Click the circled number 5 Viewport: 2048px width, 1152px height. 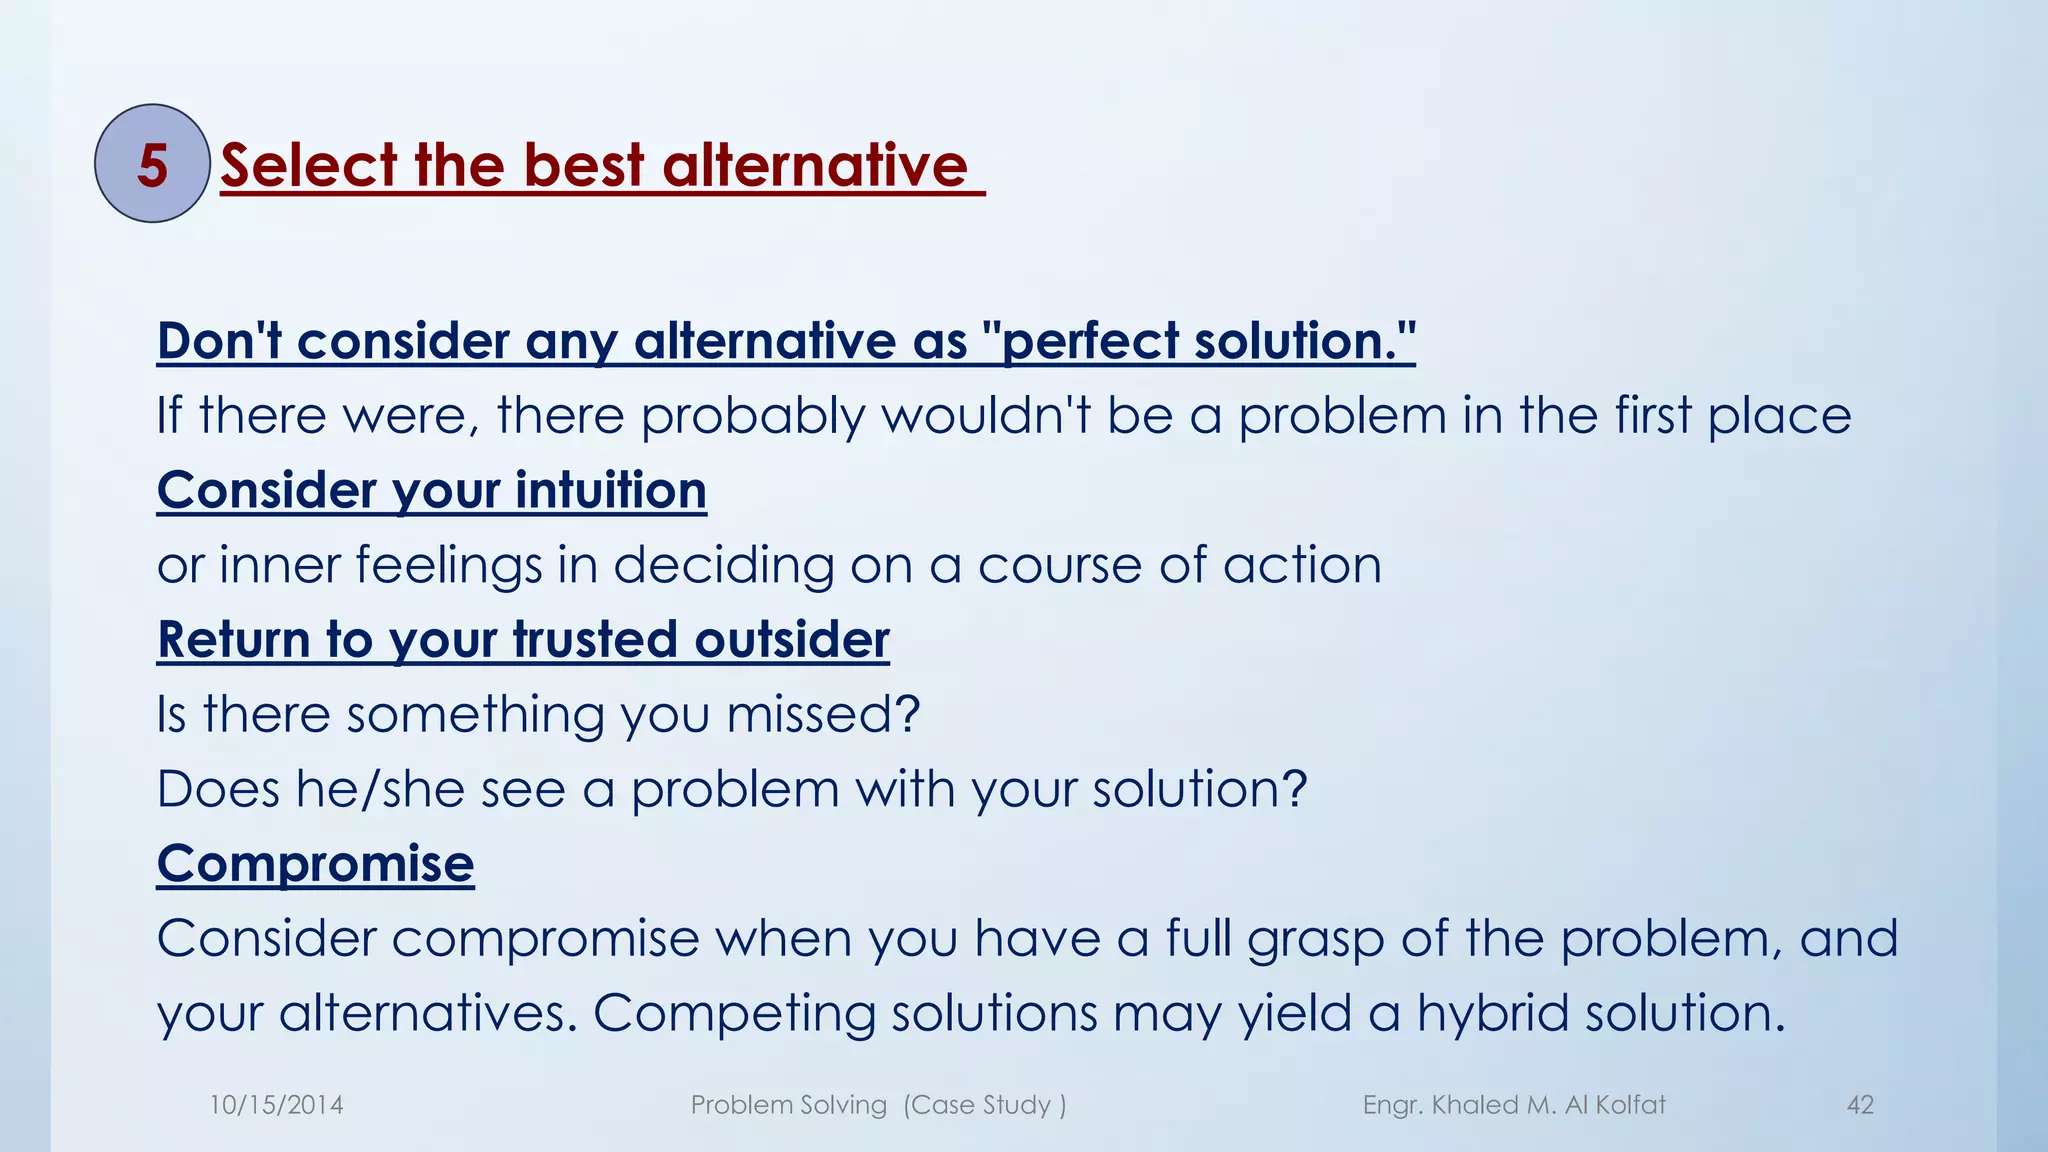click(x=152, y=164)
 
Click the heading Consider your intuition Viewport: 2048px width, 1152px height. click(x=431, y=491)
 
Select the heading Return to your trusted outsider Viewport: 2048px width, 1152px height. click(x=523, y=640)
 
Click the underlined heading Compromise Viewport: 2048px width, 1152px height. click(x=315, y=864)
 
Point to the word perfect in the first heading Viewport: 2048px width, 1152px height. click(x=1090, y=341)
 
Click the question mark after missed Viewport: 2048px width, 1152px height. click(x=907, y=714)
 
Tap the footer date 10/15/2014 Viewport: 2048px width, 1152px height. click(x=276, y=1105)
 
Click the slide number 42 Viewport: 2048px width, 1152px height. click(x=1860, y=1105)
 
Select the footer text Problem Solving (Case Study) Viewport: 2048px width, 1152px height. click(x=878, y=1105)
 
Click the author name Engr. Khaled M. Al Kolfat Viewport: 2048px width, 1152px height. click(x=1514, y=1105)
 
